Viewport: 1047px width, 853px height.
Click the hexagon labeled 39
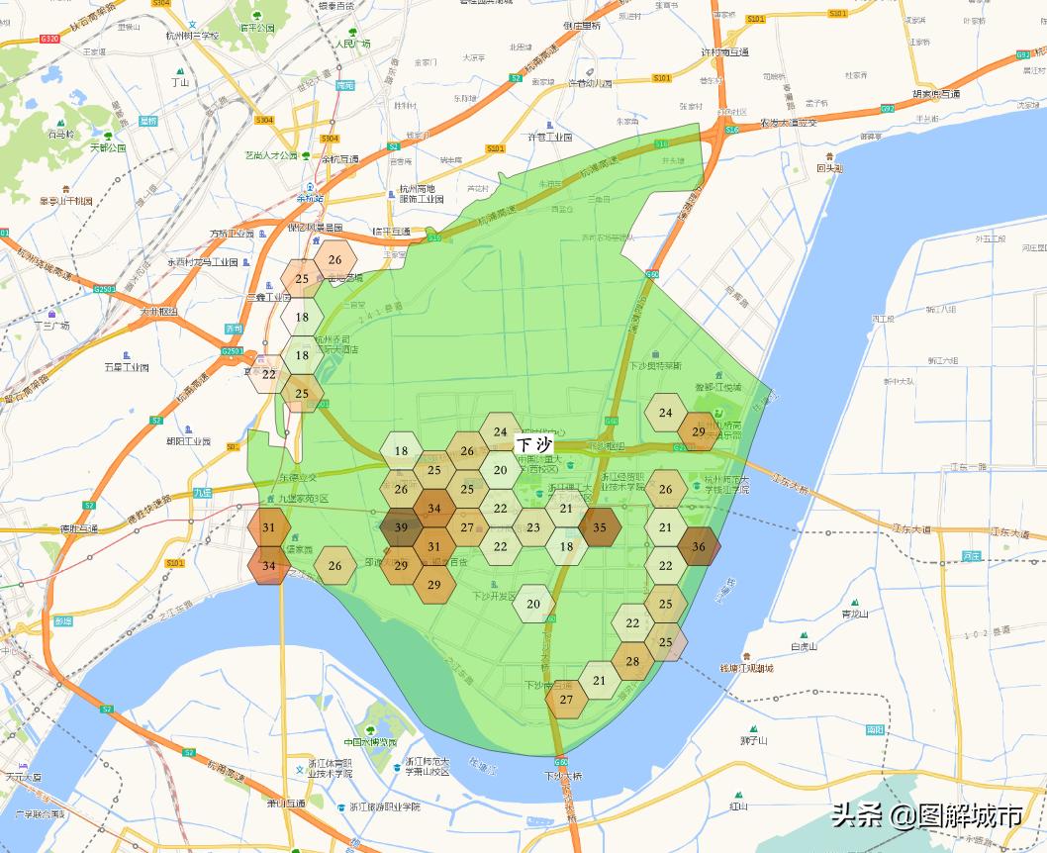401,527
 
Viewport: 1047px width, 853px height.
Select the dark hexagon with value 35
600,527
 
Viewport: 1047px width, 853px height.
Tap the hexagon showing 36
699,546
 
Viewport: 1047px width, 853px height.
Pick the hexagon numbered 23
533,527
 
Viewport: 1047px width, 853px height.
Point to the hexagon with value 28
632,661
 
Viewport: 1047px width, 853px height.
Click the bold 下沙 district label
534,445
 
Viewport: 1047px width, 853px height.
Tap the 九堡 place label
175,492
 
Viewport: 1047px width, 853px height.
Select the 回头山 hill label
829,168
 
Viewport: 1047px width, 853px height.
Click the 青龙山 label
854,614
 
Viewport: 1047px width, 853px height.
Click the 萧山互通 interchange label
286,804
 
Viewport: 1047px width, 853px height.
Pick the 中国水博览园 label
370,742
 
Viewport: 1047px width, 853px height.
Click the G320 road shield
49,38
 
